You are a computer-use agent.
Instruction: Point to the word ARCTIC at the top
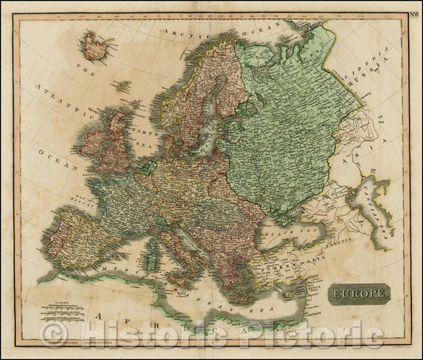coord(183,31)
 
